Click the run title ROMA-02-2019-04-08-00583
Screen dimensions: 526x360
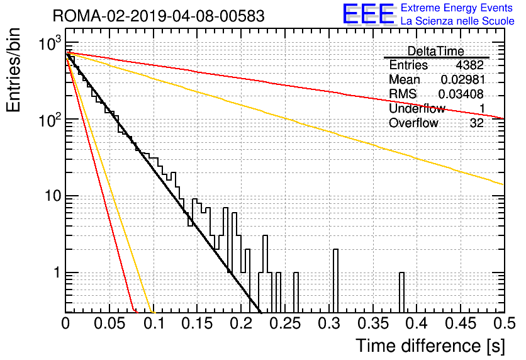coord(159,16)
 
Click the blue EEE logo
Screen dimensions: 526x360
coord(368,14)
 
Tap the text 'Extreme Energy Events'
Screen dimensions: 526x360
coord(457,8)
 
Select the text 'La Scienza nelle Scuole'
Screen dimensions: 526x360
coord(457,21)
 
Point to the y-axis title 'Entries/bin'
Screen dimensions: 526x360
coord(13,70)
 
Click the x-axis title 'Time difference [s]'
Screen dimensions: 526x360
coord(430,346)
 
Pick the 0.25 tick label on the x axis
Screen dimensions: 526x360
coord(286,323)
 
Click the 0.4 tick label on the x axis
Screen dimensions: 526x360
coord(417,323)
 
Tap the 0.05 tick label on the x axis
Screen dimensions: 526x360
coord(109,323)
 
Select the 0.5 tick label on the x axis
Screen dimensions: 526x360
coord(505,323)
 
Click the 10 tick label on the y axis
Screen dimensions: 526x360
coord(53,196)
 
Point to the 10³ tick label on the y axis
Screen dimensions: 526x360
coord(50,43)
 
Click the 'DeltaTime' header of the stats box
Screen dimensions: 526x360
coord(435,52)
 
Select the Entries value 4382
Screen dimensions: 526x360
coord(469,65)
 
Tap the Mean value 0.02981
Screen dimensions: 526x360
coord(463,79)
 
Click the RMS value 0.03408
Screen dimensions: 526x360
coord(461,94)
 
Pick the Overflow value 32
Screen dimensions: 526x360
coord(477,123)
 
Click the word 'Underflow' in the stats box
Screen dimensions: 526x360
coord(417,108)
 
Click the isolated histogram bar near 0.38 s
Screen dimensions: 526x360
coord(401,293)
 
